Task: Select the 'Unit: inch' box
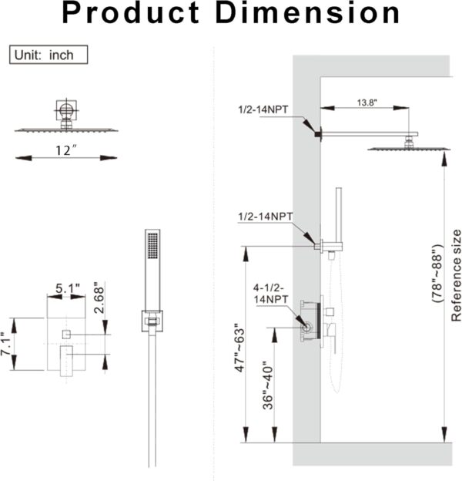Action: [x=49, y=55]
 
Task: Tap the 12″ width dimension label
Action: [x=67, y=150]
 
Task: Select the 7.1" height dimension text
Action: [x=8, y=339]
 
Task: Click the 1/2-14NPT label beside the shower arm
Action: [x=263, y=109]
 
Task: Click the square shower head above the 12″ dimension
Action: [x=66, y=127]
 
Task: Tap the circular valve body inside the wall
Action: [x=306, y=328]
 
